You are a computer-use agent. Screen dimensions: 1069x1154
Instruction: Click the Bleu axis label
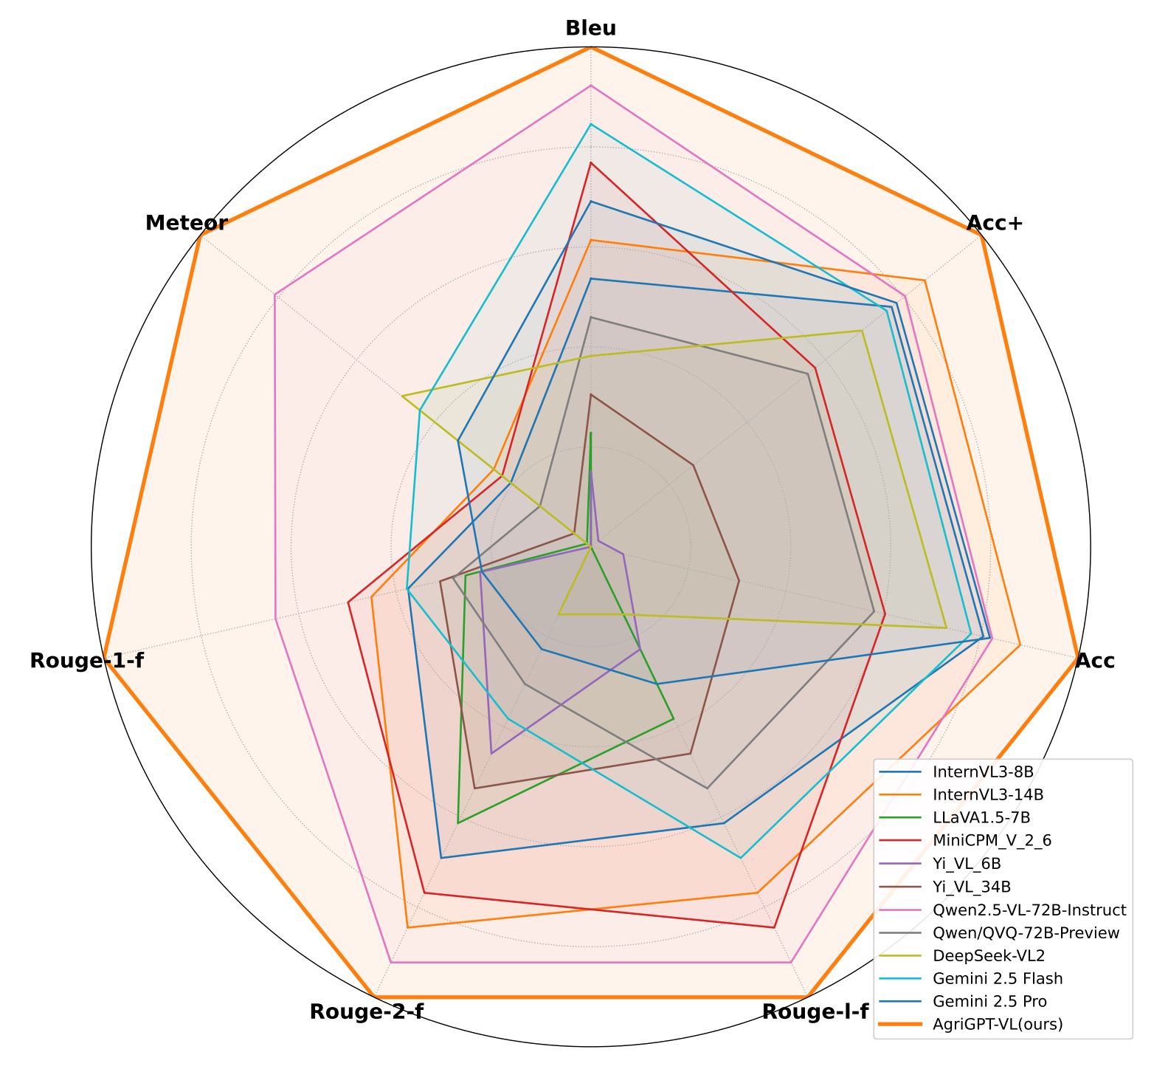pos(590,29)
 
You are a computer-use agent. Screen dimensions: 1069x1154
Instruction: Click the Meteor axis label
pos(186,223)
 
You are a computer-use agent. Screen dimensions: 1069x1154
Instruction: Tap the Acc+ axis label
pos(995,223)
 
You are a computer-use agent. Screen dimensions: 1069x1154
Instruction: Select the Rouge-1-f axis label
pos(86,661)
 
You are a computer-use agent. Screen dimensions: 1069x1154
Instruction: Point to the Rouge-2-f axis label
pos(366,1012)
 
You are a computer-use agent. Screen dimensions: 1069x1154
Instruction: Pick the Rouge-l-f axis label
pos(815,1012)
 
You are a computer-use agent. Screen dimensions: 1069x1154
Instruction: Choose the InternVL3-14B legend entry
pos(987,795)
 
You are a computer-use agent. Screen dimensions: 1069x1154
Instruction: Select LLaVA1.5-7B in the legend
pos(981,818)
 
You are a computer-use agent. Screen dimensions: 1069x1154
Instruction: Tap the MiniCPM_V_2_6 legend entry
pos(992,841)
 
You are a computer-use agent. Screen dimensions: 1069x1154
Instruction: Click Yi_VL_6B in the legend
pos(967,864)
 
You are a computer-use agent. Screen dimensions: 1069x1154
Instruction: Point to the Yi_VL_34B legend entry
pos(971,887)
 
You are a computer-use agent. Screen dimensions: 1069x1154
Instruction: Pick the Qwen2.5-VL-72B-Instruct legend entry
pos(1029,910)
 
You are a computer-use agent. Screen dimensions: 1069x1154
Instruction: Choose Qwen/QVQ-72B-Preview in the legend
pos(1026,933)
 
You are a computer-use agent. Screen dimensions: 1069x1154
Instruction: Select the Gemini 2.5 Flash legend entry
pos(997,979)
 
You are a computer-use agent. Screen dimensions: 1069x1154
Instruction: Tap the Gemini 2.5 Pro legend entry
pos(989,1002)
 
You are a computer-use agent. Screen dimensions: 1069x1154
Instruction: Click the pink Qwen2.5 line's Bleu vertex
pos(590,86)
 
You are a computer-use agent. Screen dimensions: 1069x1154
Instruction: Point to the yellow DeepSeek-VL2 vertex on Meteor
pos(402,396)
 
